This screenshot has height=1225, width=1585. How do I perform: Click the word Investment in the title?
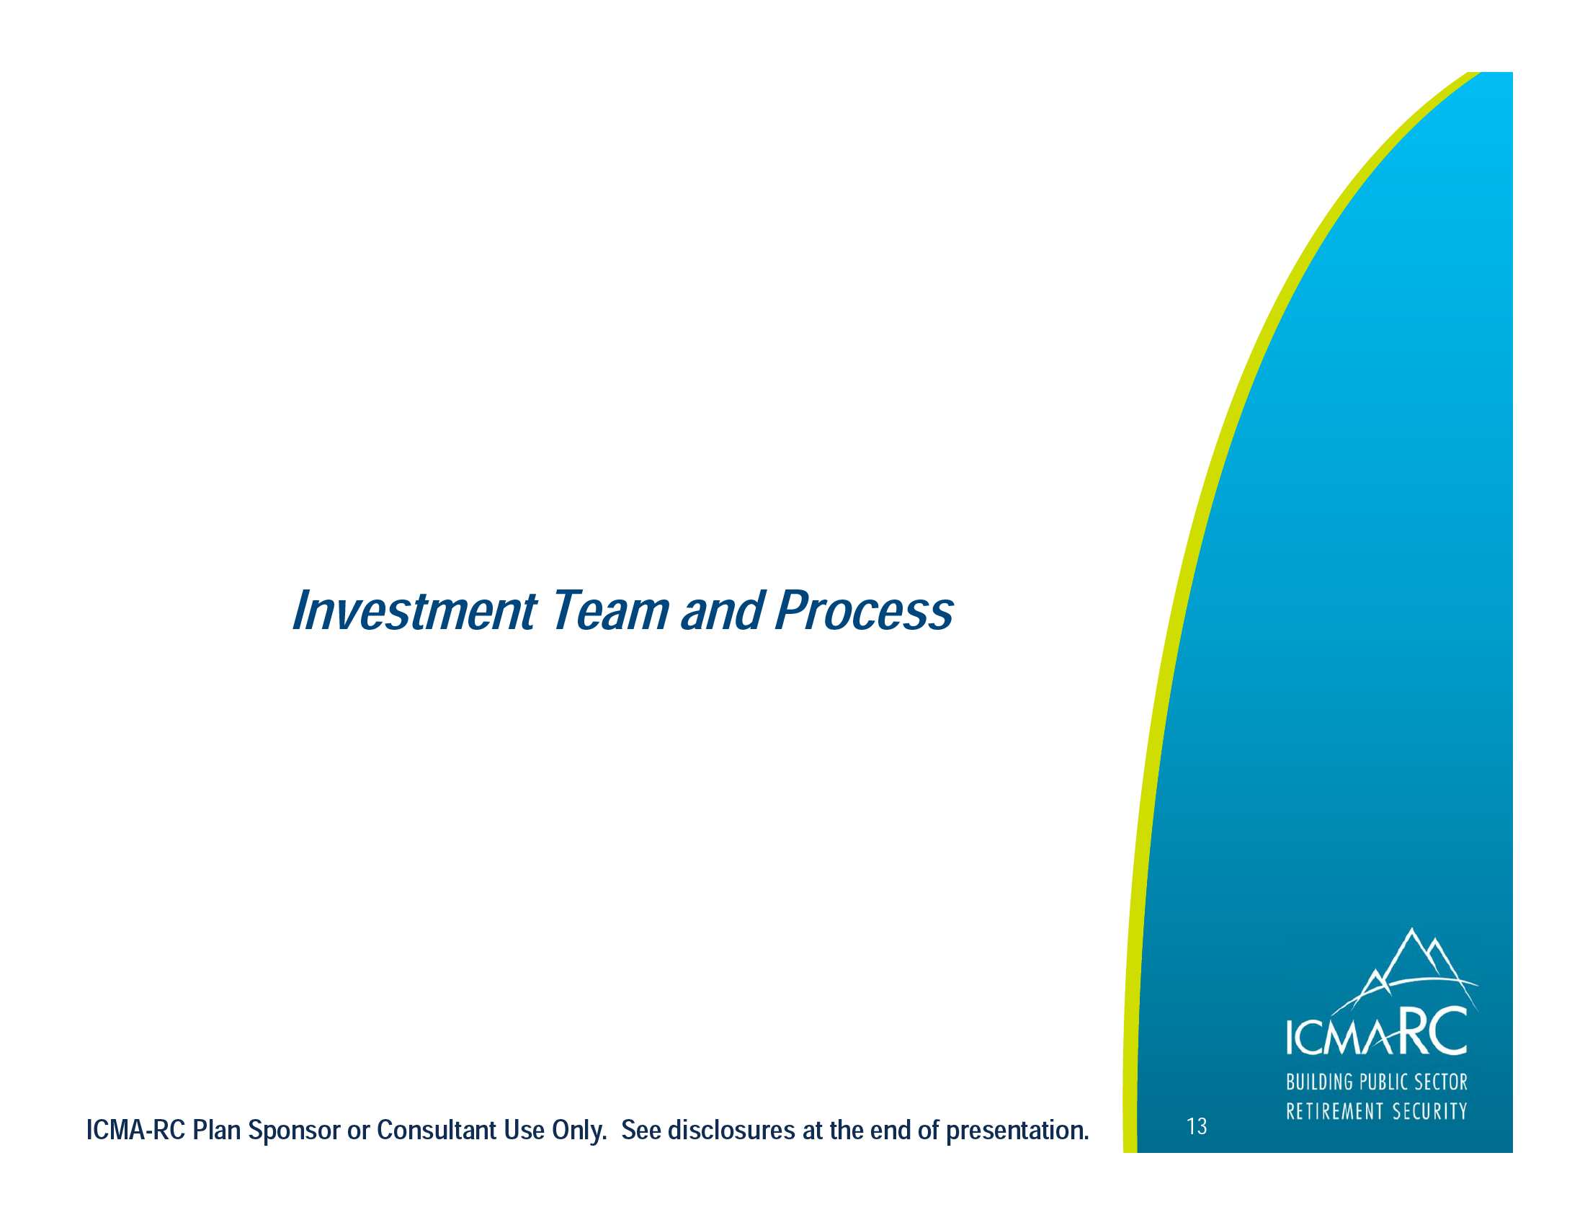pos(414,610)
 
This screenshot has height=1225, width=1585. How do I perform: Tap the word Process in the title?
pos(864,610)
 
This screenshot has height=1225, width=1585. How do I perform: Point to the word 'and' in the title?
pos(723,610)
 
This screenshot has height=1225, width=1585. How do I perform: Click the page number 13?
pos(1197,1126)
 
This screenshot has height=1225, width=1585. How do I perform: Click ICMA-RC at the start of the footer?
pos(135,1130)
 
